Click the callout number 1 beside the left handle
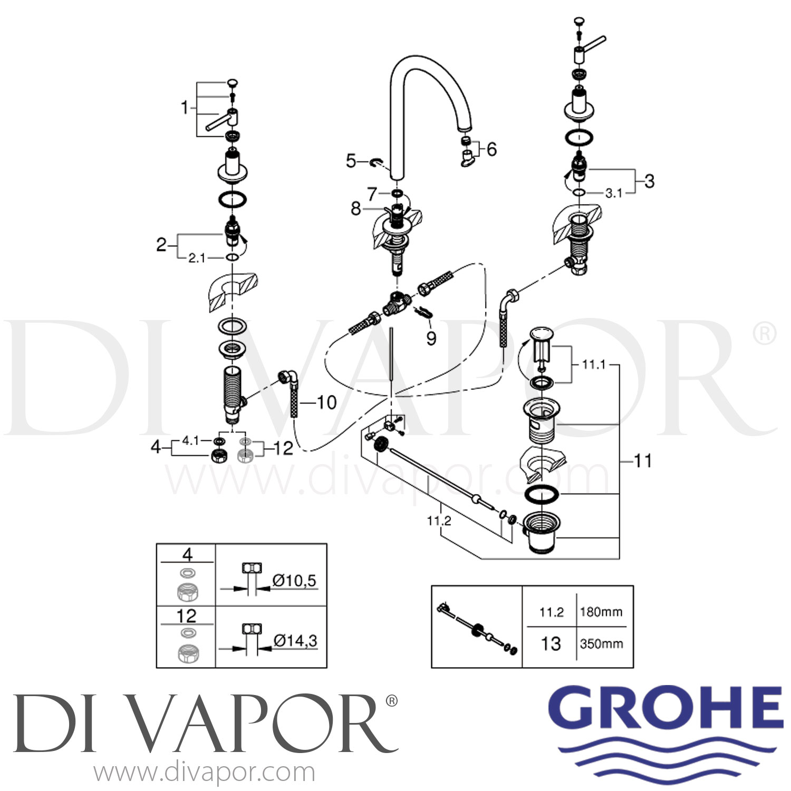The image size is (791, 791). (185, 108)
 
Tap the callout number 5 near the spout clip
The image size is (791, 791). (351, 160)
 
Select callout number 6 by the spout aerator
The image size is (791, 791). (491, 149)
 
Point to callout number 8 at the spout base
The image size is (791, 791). (356, 209)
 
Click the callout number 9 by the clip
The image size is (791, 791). (431, 338)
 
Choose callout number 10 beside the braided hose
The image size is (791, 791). (326, 403)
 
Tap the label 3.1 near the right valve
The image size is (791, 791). (614, 194)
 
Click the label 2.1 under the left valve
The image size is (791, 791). (197, 258)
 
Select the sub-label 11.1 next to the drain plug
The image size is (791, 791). (594, 364)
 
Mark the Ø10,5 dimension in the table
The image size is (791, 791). (294, 581)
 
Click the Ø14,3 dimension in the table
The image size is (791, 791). (295, 641)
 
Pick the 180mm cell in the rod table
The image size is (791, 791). (601, 612)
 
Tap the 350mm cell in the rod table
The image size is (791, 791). (602, 644)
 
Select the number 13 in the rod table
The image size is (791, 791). (551, 643)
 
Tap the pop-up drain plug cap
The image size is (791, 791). (543, 334)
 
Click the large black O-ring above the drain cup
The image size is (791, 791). (542, 496)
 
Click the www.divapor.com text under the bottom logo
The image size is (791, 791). (205, 773)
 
